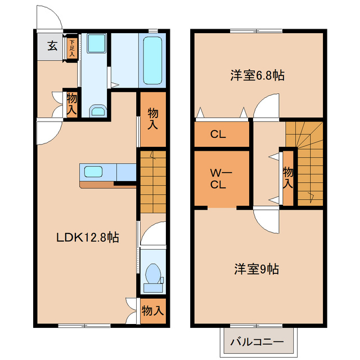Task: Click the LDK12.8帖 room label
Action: [x=87, y=238]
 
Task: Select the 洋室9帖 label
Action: [x=256, y=269]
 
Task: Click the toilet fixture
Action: [x=152, y=275]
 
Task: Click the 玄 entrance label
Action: [x=51, y=46]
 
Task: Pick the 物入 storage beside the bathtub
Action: [x=152, y=119]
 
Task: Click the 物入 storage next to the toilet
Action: [x=152, y=310]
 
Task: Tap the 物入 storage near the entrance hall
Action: [x=71, y=105]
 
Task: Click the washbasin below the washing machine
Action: [x=98, y=110]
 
